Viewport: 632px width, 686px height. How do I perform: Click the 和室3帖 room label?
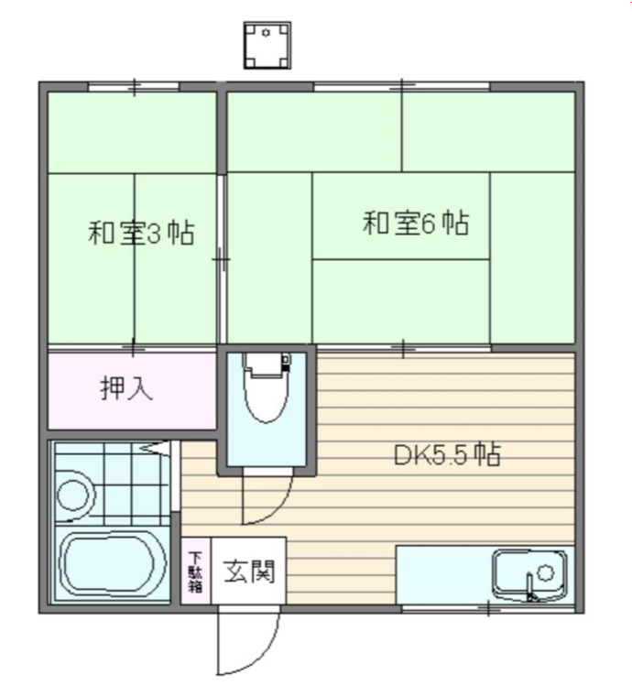pyautogui.click(x=140, y=233)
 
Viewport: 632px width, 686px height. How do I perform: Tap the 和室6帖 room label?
pyautogui.click(x=416, y=223)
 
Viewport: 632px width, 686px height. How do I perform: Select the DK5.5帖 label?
pyautogui.click(x=447, y=455)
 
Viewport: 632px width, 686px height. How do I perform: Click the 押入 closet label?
pyautogui.click(x=126, y=388)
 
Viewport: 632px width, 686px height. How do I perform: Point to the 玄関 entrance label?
pyautogui.click(x=243, y=572)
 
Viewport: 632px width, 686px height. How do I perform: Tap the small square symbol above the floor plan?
pyautogui.click(x=267, y=45)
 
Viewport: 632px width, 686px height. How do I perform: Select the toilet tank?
pyautogui.click(x=267, y=365)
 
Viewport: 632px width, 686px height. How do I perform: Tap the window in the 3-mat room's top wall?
pyautogui.click(x=134, y=87)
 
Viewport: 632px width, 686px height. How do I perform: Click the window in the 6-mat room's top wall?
pyautogui.click(x=402, y=87)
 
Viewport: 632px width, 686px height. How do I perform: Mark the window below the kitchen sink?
pyautogui.click(x=489, y=607)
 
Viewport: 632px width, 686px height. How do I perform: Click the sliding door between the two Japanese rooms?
pyautogui.click(x=222, y=260)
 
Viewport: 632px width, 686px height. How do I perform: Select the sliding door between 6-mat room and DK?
pyautogui.click(x=403, y=347)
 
